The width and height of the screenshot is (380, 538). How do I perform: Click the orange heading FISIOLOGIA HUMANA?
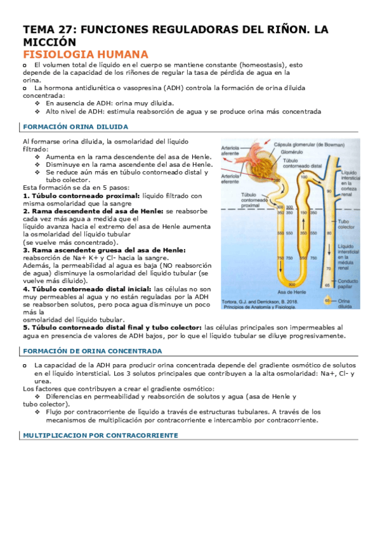point(85,54)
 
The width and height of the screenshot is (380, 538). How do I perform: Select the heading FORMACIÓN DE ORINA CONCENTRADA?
point(92,350)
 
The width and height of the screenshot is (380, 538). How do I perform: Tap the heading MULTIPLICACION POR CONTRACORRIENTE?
point(100,435)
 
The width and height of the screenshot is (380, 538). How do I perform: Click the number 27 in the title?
point(66,30)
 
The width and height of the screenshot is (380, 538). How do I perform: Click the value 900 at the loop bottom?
point(291,285)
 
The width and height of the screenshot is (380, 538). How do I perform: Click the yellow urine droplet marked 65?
point(327,300)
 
